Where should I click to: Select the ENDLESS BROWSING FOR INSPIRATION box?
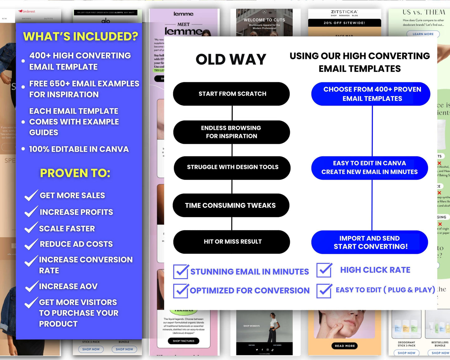click(231, 132)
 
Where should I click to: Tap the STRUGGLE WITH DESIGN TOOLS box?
click(232, 168)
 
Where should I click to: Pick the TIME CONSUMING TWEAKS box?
click(231, 205)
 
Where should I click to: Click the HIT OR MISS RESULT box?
click(232, 242)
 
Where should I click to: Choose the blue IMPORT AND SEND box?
click(370, 242)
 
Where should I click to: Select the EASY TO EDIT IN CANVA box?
click(370, 168)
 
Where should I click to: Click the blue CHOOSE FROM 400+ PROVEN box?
click(371, 94)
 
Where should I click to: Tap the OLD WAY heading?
click(231, 59)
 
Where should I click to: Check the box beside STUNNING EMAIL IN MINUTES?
click(181, 272)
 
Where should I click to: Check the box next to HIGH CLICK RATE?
click(324, 270)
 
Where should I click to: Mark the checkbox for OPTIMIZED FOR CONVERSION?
click(181, 291)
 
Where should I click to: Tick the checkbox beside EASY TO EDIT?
click(324, 290)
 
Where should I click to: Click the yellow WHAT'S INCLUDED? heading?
click(80, 36)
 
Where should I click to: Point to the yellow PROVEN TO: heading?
click(75, 173)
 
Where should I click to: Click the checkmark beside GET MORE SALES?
click(31, 196)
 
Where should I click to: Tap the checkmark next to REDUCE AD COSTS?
click(31, 244)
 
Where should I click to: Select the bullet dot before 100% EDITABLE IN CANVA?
click(23, 149)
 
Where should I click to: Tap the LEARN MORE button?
click(423, 34)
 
